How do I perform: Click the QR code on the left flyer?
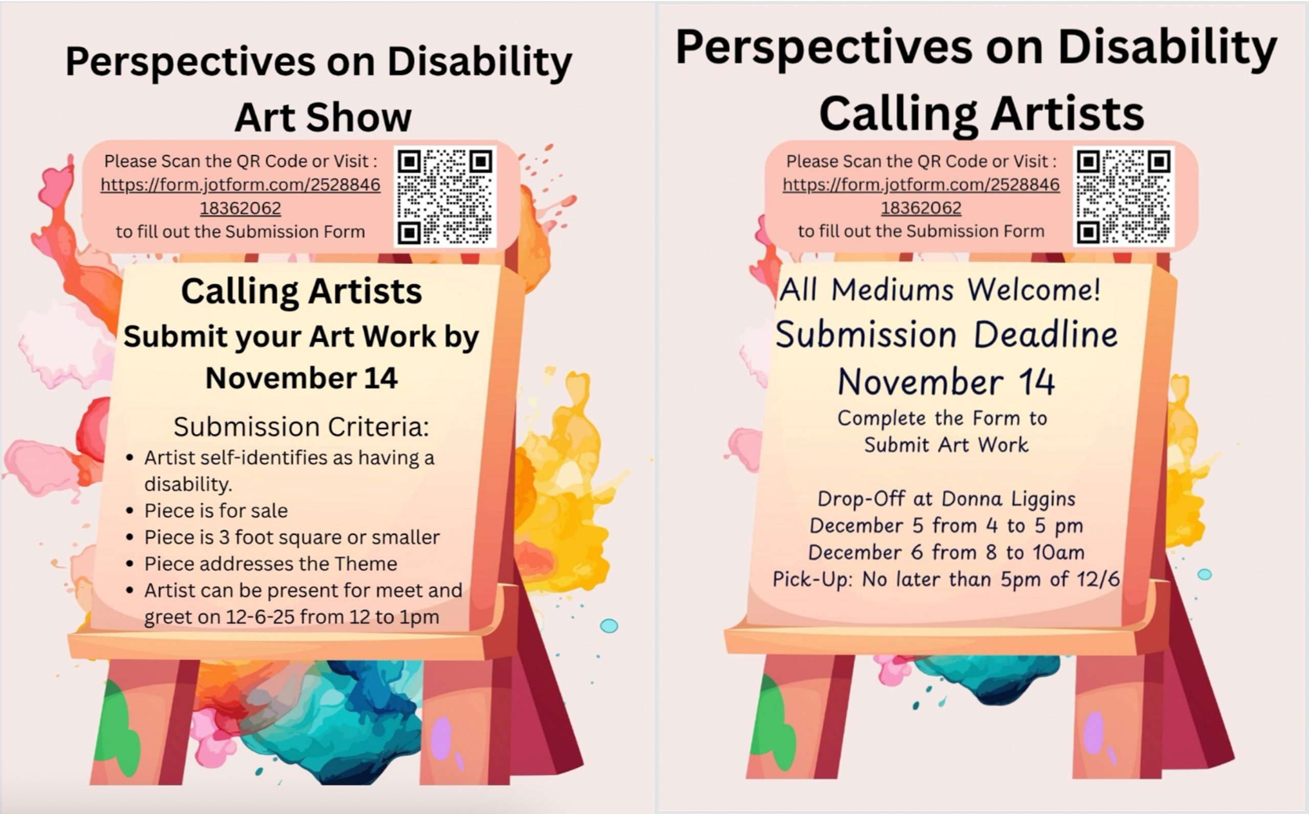point(445,197)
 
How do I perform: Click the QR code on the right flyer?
point(1124,197)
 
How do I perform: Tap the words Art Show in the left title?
point(323,118)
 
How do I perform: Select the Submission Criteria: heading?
point(301,427)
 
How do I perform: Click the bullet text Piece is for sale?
point(216,510)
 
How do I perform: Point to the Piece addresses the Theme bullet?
point(270,564)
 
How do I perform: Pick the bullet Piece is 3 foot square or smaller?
point(292,537)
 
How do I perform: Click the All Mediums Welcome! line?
point(940,290)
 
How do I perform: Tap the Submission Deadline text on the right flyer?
point(946,335)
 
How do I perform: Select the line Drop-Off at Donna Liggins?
point(946,499)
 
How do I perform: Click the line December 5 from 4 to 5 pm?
point(946,525)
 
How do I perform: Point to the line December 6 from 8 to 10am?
point(946,552)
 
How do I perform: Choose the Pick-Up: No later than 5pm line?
point(946,579)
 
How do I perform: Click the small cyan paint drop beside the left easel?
point(608,625)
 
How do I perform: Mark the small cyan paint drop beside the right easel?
point(1205,574)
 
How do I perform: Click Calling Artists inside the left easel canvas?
point(301,292)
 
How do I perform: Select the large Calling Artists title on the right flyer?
point(981,114)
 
